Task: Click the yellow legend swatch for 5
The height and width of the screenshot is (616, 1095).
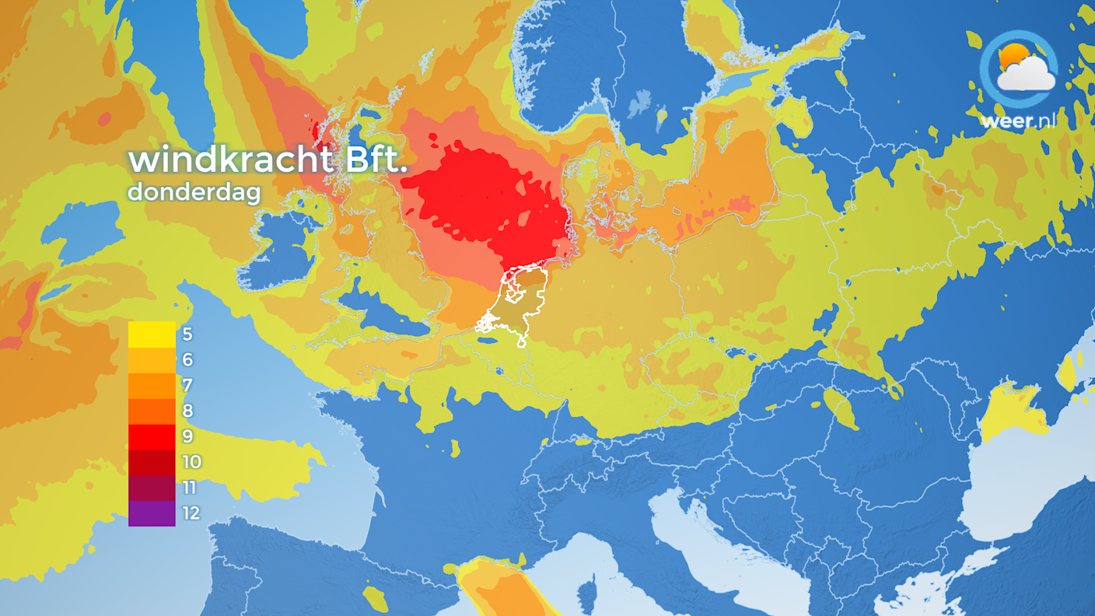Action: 152,334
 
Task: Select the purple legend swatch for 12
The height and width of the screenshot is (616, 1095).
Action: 152,513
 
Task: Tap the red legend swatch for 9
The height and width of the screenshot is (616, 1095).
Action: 152,436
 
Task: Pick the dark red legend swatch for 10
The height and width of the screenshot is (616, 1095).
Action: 152,462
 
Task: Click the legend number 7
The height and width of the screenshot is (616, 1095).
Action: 187,386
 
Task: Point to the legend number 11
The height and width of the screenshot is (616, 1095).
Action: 191,488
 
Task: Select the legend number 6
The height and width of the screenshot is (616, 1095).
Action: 187,360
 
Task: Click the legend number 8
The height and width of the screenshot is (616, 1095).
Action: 187,411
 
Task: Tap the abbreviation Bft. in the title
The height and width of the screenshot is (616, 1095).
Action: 373,160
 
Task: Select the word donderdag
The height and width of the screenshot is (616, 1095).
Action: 194,191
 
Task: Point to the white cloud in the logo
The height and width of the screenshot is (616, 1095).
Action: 1028,74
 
